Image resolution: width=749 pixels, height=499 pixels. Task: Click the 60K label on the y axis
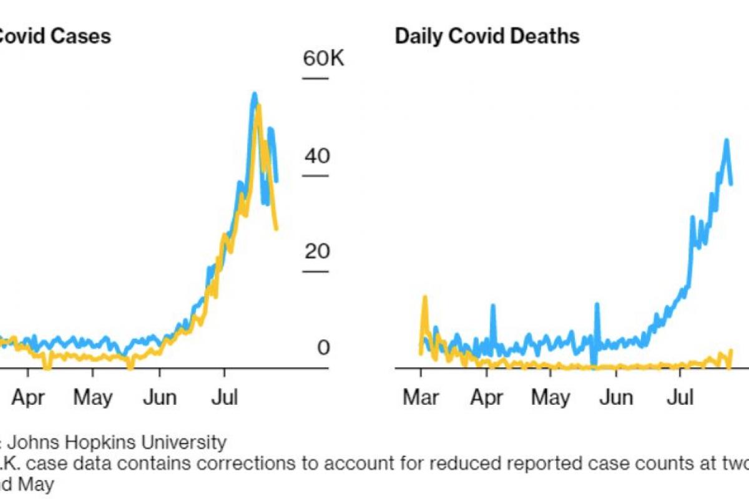pyautogui.click(x=323, y=60)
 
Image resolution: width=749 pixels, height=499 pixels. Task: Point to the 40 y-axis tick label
pyautogui.click(x=315, y=156)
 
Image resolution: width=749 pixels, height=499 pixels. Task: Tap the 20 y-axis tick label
pyautogui.click(x=315, y=252)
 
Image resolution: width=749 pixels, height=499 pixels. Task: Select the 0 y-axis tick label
pyautogui.click(x=322, y=348)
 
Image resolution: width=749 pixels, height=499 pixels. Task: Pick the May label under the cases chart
pyautogui.click(x=92, y=397)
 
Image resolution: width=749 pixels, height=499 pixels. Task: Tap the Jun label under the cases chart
pyautogui.click(x=159, y=397)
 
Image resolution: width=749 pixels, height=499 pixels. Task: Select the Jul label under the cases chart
pyautogui.click(x=223, y=397)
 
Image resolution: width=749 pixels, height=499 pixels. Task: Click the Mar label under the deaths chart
pyautogui.click(x=421, y=397)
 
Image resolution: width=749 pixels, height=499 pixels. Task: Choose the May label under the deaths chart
pyautogui.click(x=551, y=397)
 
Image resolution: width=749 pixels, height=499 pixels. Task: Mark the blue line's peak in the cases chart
pyautogui.click(x=254, y=94)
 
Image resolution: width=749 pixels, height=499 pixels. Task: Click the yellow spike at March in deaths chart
pyautogui.click(x=425, y=298)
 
